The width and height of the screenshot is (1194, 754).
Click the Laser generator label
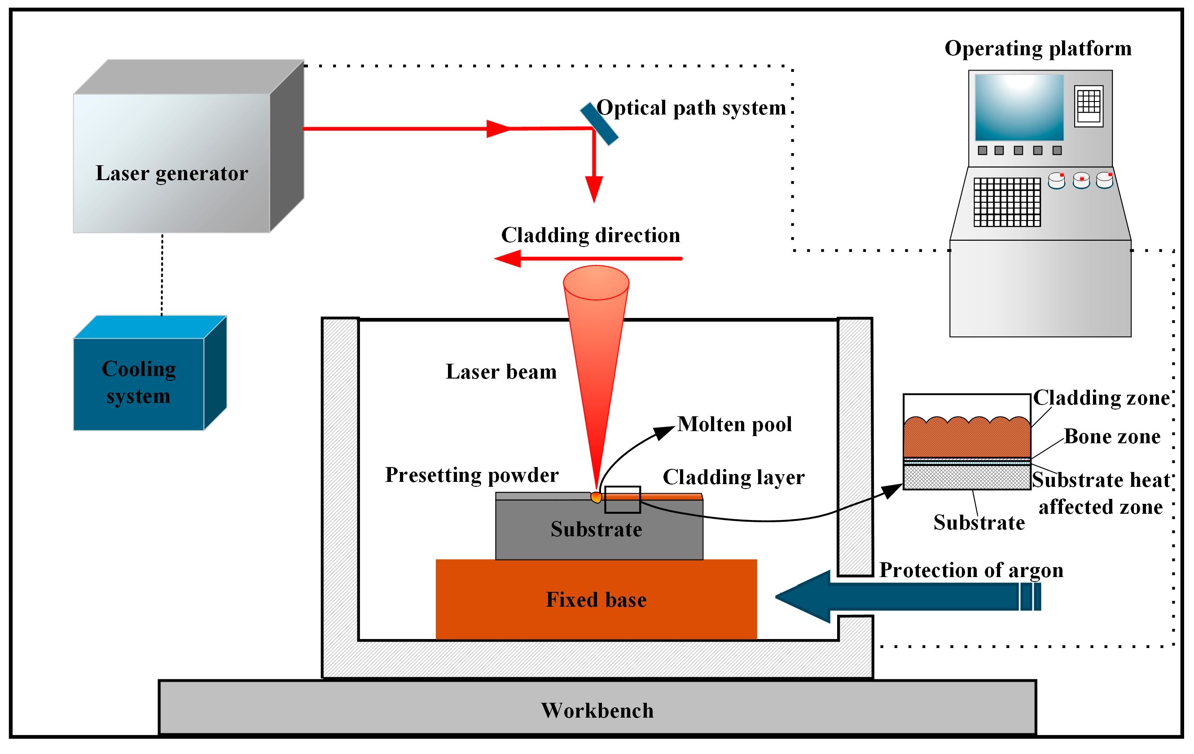coord(171,173)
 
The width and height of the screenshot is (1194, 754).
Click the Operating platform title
coord(1038,49)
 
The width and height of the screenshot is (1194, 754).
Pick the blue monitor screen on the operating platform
coord(1019,108)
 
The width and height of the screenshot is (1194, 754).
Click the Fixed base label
coord(596,600)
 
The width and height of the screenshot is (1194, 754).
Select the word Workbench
coord(597,710)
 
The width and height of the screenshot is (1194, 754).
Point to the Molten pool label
coord(734,424)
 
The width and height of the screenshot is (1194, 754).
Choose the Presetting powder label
coord(472,475)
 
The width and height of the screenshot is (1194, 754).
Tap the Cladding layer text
coord(733,477)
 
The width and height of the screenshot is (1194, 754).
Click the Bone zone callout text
coord(1112,437)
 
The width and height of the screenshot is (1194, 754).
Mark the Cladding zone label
coord(1101,398)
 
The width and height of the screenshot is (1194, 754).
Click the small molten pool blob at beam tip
coord(596,497)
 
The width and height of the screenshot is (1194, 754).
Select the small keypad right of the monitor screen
coord(1089,106)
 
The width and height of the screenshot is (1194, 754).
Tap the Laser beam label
coord(501,371)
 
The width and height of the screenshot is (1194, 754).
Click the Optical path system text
coord(691,108)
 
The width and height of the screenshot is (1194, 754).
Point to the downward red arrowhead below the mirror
coord(594,189)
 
